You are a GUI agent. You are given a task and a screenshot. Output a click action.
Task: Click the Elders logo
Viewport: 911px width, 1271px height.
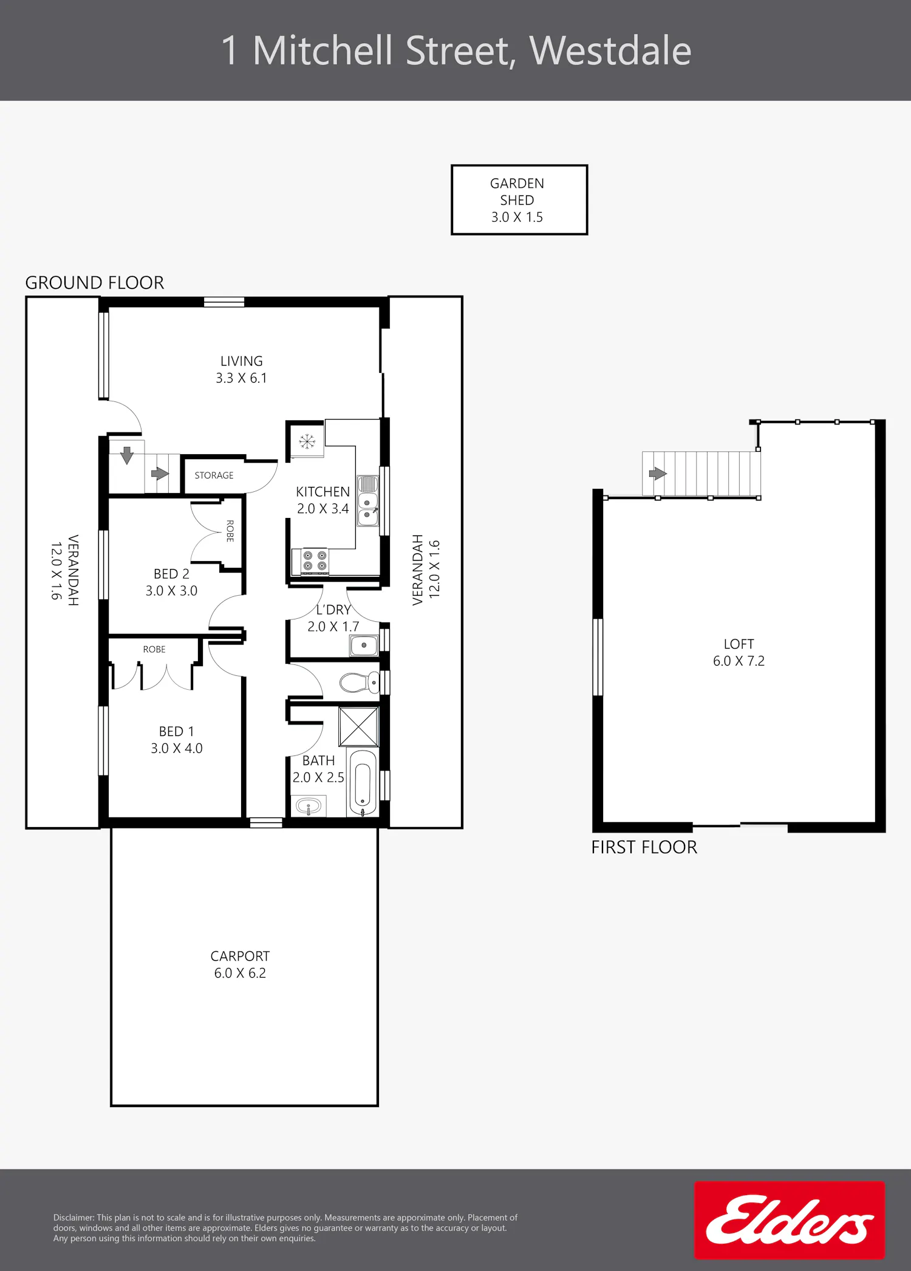[x=790, y=1220]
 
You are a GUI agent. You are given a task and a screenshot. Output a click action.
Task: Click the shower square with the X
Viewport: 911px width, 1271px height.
[x=358, y=727]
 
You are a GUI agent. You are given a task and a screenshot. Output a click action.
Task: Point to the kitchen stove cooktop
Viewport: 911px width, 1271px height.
[x=315, y=561]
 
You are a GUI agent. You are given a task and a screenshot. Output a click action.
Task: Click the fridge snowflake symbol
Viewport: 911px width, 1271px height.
[x=307, y=441]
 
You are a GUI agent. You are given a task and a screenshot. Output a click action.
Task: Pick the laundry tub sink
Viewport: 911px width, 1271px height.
[x=364, y=646]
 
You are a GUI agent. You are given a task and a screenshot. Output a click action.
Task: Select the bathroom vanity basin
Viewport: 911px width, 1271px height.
[x=309, y=807]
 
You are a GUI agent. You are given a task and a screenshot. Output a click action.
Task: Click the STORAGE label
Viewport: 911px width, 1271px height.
[x=214, y=475]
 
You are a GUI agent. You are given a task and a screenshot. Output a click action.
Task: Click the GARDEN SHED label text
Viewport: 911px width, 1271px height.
[x=517, y=191]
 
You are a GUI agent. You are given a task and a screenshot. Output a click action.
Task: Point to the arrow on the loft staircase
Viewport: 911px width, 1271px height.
[x=658, y=474]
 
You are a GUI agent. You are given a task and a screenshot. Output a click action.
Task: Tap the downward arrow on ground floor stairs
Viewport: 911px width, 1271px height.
[x=127, y=455]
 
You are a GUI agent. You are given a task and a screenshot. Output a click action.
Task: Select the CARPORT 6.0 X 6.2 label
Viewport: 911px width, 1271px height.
[x=240, y=964]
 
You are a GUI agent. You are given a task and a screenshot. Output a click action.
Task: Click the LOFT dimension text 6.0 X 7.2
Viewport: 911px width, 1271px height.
[x=739, y=661]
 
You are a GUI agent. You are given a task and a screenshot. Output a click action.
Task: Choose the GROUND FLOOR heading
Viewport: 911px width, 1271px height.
[x=95, y=282]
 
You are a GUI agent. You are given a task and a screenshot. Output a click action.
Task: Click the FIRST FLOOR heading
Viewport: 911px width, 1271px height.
[x=644, y=847]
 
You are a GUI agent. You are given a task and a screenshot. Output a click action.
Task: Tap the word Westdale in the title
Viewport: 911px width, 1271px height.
[x=610, y=50]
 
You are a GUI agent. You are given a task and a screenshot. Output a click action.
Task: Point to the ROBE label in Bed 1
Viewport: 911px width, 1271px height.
[x=154, y=649]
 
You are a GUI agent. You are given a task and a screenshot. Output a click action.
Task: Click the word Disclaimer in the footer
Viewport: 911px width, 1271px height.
[x=73, y=1218]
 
